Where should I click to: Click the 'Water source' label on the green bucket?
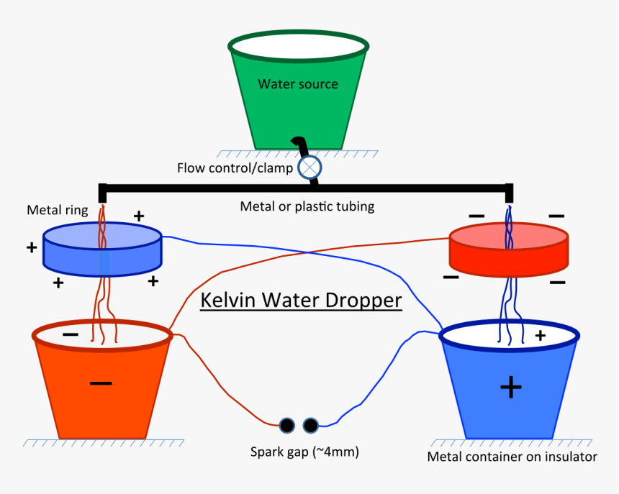298,84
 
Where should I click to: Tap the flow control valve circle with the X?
310,168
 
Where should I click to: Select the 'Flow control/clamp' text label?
235,168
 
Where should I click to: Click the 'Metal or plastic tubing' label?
307,206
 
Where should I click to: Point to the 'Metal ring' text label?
57,210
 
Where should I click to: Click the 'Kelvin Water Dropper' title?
300,299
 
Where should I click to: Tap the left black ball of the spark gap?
287,426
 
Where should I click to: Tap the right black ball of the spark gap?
311,426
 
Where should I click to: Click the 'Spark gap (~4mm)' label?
304,452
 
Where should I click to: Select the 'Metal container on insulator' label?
512,457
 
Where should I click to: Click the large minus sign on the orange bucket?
101,383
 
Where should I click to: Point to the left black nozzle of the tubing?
102,193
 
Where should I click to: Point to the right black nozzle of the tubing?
509,193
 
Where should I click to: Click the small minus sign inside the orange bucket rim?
70,335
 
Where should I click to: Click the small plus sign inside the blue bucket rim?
540,335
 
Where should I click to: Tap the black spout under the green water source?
300,146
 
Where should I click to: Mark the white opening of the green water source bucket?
298,45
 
